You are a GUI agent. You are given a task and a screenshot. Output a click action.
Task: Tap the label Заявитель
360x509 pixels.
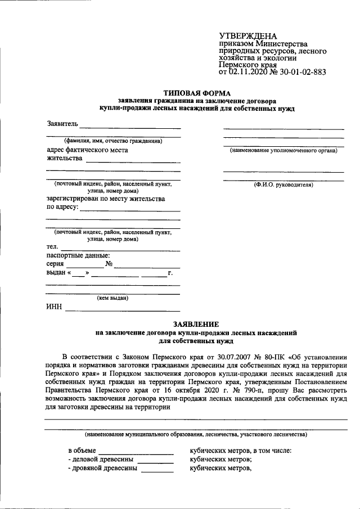pyautogui.click(x=62, y=123)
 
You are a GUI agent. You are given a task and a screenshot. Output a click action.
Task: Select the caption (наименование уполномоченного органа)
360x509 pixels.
pyautogui.click(x=283, y=151)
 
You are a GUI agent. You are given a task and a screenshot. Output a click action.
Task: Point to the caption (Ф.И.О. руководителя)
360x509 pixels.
pyautogui.click(x=283, y=184)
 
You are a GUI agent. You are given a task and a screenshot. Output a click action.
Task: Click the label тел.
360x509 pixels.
pyautogui.click(x=52, y=246)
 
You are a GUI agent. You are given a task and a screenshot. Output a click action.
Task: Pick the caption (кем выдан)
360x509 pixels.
pyautogui.click(x=112, y=298)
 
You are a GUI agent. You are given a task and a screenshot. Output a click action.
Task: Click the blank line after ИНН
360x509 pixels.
pyautogui.click(x=123, y=310)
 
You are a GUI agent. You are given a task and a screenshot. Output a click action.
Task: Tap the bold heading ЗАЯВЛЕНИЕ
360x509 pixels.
pyautogui.click(x=196, y=325)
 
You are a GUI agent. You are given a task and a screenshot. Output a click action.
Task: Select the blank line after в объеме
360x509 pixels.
pyautogui.click(x=137, y=452)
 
